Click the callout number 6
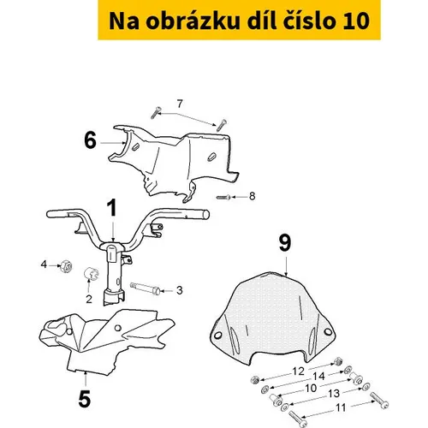pos(91,140)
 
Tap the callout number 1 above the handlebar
pos(112,208)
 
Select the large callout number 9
pos(285,242)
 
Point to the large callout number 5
pos(85,398)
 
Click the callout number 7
pos(180,104)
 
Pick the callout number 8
pos(252,196)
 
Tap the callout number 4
pos(44,265)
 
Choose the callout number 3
pos(179,290)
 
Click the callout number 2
pos(89,299)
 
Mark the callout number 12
pos(299,372)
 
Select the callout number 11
pos(341,407)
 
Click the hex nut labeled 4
pos(66,266)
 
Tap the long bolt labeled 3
pos(146,288)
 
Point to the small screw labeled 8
pos(223,197)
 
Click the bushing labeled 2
pos(91,274)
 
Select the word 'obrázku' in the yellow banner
pos(193,21)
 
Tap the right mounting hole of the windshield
pos(328,332)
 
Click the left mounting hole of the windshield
pos(217,336)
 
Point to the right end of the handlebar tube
pos(206,215)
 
